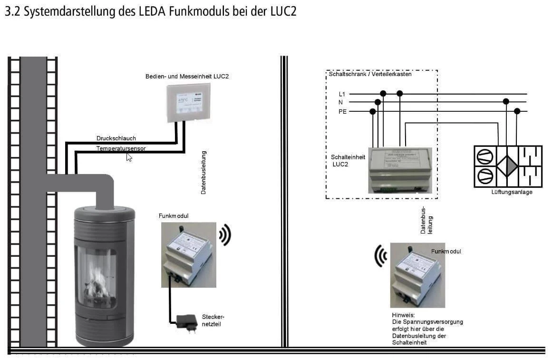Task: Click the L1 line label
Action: [341, 94]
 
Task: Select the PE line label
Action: [342, 112]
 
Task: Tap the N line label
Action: [340, 102]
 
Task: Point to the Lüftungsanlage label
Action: [512, 192]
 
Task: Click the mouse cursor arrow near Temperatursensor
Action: [129, 157]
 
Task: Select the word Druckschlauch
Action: [116, 138]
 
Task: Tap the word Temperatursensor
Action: [121, 148]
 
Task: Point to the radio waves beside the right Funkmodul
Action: [380, 256]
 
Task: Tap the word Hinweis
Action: [403, 315]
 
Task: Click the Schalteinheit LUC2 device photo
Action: [400, 169]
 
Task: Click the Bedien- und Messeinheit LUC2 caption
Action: [187, 76]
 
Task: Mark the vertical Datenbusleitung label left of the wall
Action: [203, 172]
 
